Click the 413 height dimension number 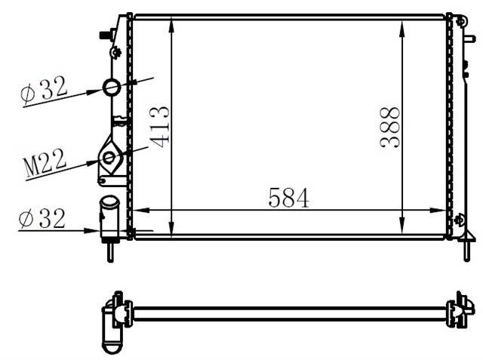click(x=159, y=126)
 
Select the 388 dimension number click(x=391, y=126)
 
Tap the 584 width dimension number click(x=288, y=198)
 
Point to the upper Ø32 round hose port click(x=112, y=88)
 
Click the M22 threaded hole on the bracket click(x=109, y=158)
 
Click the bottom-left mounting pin click(x=111, y=248)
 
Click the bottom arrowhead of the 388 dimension click(x=400, y=231)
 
